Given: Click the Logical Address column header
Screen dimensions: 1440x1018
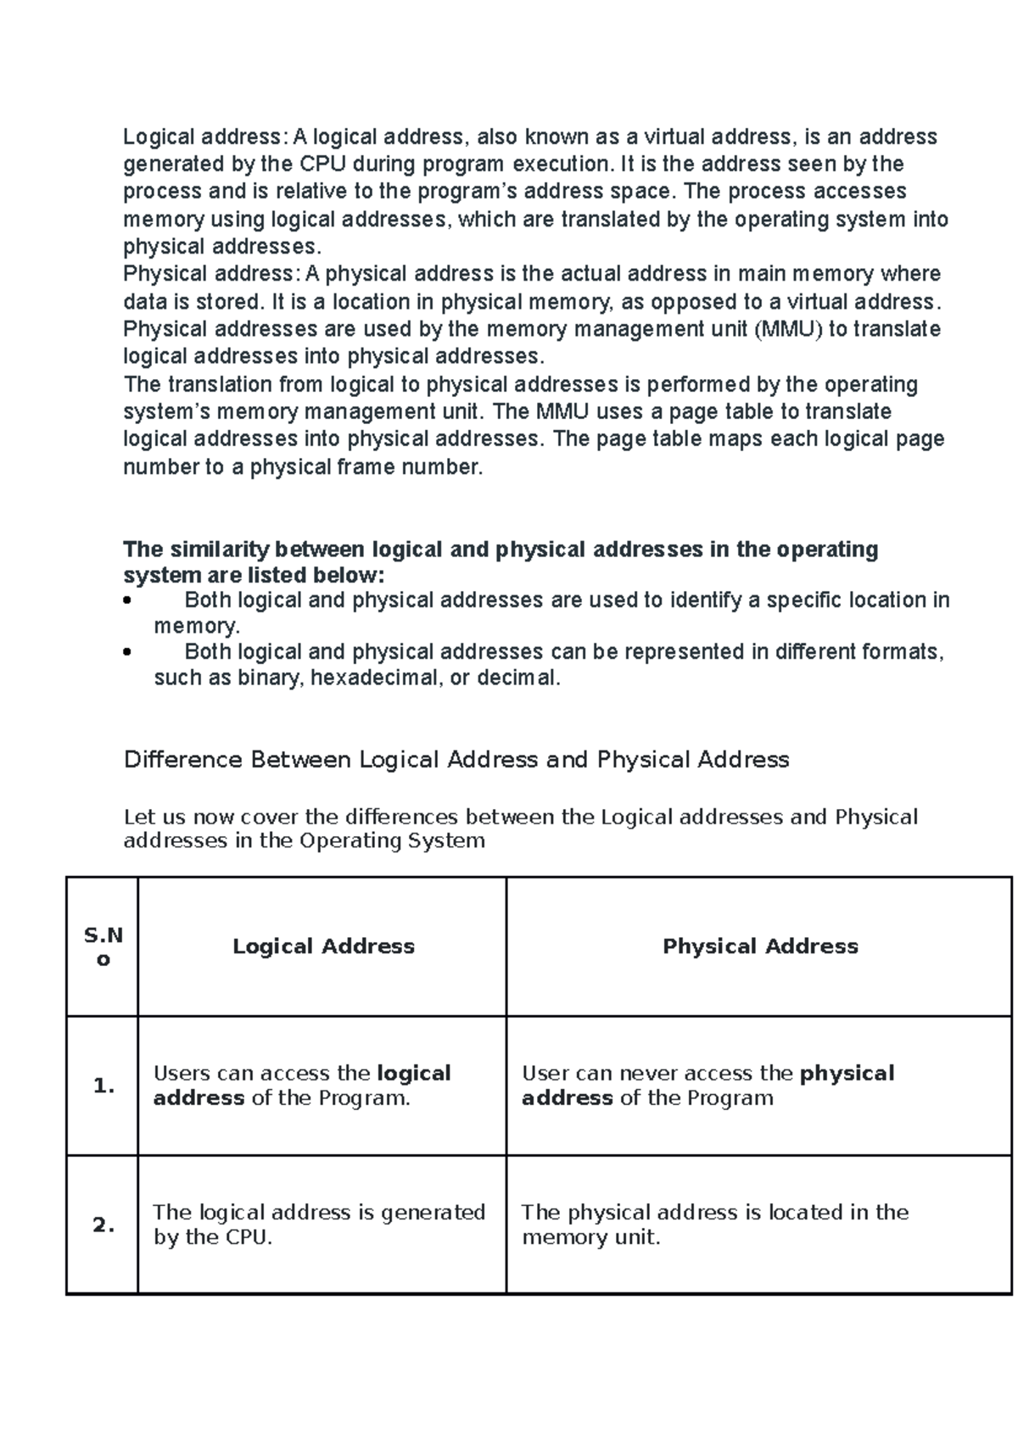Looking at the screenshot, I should (x=323, y=946).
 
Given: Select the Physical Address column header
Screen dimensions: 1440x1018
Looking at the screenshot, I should (x=759, y=946).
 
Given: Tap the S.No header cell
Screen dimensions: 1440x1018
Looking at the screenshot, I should (x=103, y=947).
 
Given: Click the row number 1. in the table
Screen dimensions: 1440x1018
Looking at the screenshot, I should (x=103, y=1086).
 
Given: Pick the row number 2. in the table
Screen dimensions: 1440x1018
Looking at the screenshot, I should (x=103, y=1225).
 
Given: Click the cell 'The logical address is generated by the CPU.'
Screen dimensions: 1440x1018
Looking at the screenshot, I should (x=319, y=1225).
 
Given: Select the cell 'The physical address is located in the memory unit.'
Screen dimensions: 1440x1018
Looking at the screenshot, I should (x=714, y=1225).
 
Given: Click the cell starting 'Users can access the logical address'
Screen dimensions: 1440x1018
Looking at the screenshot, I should (x=302, y=1086).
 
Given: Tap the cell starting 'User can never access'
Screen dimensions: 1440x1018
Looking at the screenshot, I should (x=708, y=1086).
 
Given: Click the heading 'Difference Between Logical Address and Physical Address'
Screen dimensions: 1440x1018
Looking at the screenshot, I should (x=456, y=759).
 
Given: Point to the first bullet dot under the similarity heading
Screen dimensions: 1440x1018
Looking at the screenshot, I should (x=127, y=601).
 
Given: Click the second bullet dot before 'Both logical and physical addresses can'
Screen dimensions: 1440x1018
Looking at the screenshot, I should (x=127, y=653).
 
